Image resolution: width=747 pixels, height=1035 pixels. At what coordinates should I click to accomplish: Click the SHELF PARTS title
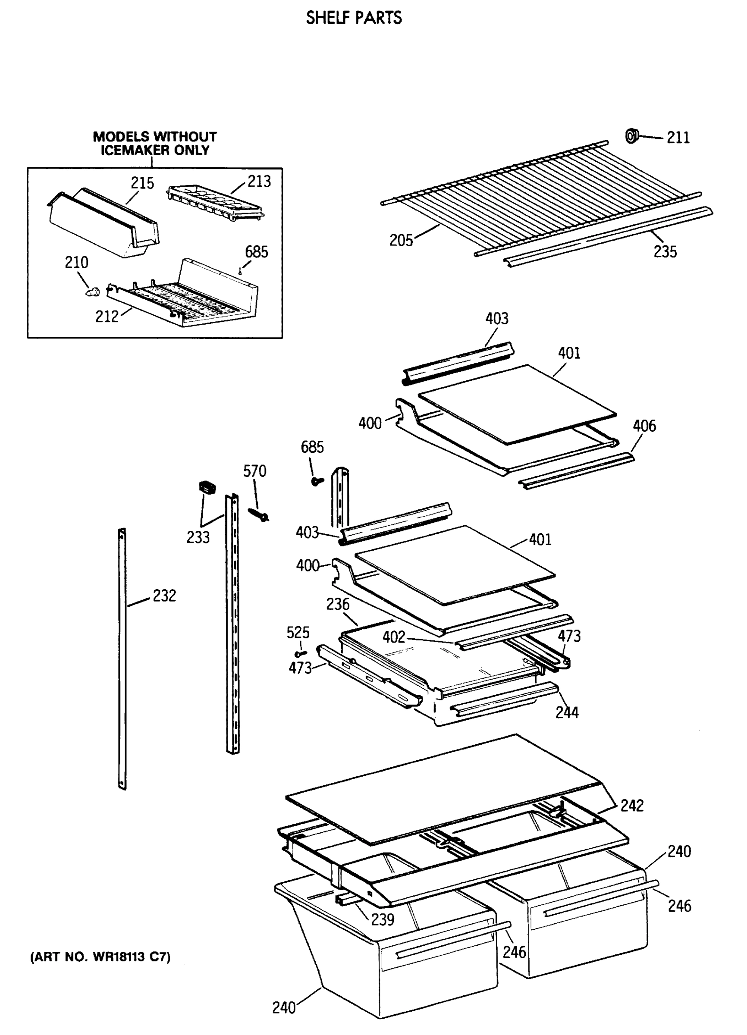coord(354,18)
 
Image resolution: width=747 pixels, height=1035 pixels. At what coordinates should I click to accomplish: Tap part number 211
coord(678,138)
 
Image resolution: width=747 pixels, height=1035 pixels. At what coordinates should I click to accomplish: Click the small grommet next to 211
coord(631,135)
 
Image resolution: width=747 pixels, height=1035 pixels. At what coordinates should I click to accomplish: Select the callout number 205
coord(401,240)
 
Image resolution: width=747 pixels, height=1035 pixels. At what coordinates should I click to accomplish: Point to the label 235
coord(665,251)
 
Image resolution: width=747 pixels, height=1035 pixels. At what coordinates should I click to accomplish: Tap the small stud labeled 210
coord(93,291)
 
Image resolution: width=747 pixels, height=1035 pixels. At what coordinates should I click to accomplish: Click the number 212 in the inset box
coord(107,317)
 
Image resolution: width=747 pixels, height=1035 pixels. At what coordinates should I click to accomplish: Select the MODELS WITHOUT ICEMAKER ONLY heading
coord(155,143)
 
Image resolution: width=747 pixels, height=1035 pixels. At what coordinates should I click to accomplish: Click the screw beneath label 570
coord(259,514)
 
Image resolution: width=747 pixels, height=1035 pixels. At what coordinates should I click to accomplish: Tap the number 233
coord(198,538)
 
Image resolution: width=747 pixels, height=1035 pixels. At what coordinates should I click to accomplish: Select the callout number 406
coord(644,426)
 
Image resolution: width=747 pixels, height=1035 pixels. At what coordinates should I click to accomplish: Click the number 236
coord(338,604)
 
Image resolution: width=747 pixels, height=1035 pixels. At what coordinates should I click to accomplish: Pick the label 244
coord(567,712)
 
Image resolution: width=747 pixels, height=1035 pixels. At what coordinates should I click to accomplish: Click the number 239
coord(383,919)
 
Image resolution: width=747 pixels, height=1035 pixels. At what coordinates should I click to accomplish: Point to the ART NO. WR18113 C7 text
coord(100,957)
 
